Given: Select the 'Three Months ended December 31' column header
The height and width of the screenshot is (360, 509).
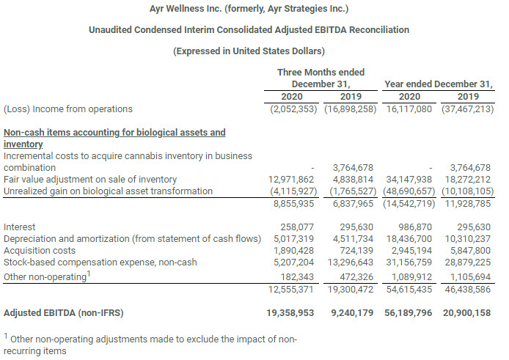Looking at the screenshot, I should pos(321,78).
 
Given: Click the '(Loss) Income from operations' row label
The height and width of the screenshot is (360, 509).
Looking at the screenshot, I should pos(68,109).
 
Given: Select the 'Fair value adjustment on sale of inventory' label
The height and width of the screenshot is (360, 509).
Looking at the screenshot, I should pos(90,180).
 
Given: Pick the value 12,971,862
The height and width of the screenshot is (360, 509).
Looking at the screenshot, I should pos(293,180).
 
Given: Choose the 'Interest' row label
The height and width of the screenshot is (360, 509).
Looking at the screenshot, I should pos(20,227).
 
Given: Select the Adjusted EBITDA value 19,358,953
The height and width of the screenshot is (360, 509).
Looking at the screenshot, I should pos(293,313).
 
